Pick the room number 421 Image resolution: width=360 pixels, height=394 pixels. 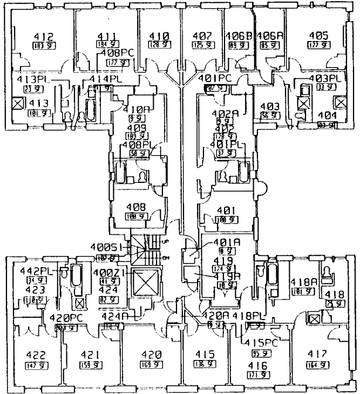[x=89, y=355]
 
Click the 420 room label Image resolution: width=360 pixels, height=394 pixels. [x=151, y=355]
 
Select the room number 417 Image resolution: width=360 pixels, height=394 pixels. [x=311, y=355]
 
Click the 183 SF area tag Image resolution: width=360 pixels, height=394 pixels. [x=40, y=46]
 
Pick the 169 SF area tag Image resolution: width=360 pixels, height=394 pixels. [x=151, y=365]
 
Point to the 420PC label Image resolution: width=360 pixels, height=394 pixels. [x=65, y=318]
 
